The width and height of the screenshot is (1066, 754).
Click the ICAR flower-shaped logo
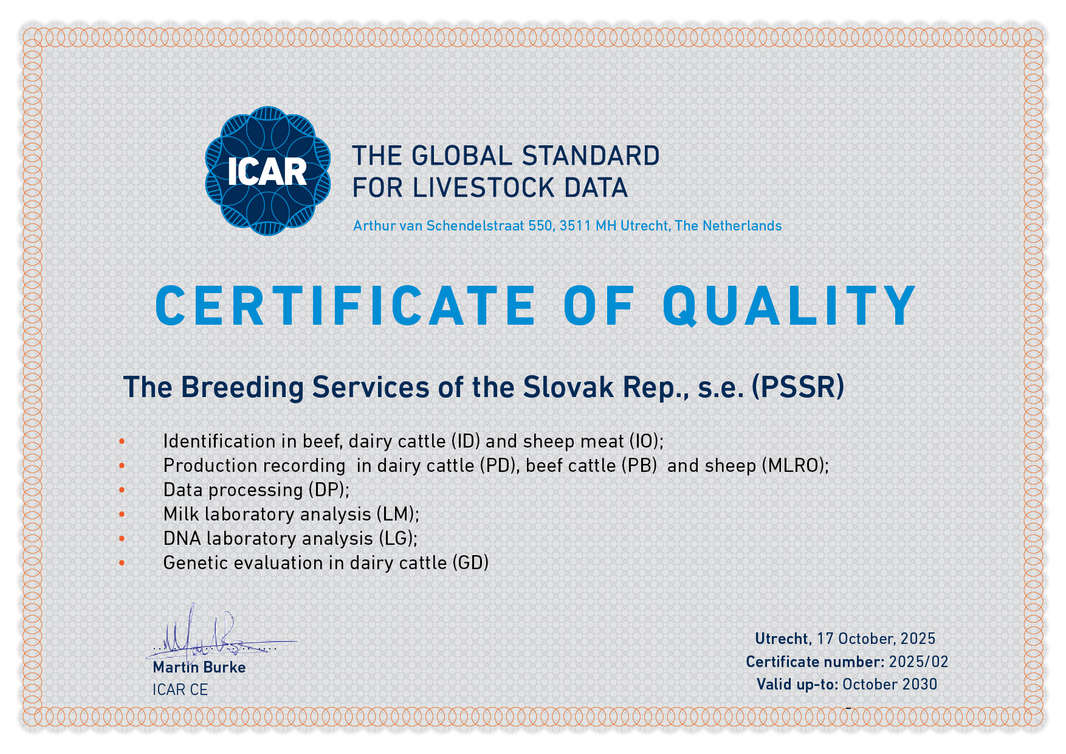pos(267,171)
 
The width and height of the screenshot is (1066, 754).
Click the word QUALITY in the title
pos(789,306)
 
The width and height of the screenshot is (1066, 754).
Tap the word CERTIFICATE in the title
pos(345,306)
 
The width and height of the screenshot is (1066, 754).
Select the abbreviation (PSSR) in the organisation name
pos(798,387)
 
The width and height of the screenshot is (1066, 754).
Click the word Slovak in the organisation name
pos(568,387)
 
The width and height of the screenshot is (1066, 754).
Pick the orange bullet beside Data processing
pos(122,490)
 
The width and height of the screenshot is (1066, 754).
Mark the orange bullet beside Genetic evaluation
pos(122,563)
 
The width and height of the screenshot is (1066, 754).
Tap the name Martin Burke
pos(199,667)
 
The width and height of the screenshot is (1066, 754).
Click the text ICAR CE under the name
pos(180,690)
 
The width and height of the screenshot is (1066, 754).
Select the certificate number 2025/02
pos(918,662)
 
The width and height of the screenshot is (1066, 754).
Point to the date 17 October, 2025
pos(876,638)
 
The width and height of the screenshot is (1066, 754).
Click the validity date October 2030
pos(890,685)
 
